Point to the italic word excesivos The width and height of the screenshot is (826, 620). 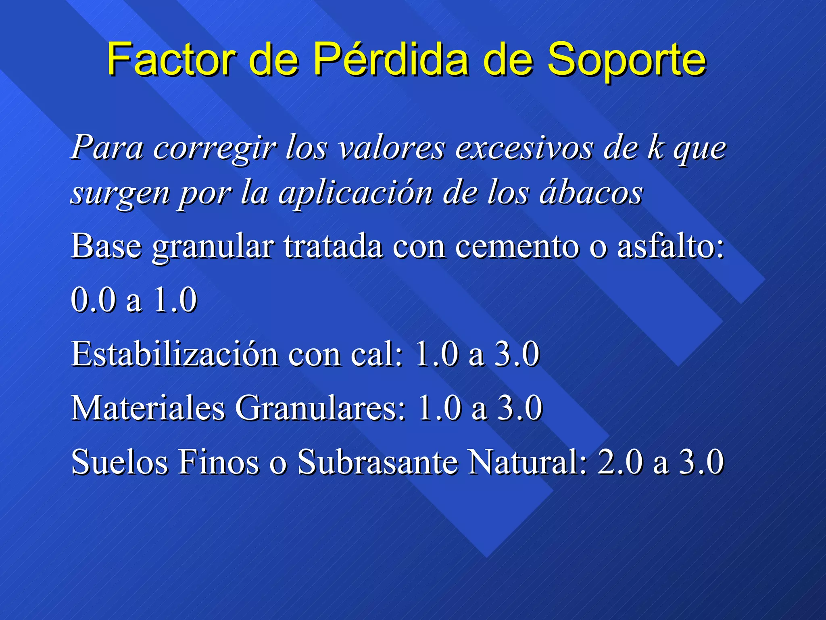tap(524, 148)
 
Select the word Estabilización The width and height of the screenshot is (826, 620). tap(175, 354)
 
